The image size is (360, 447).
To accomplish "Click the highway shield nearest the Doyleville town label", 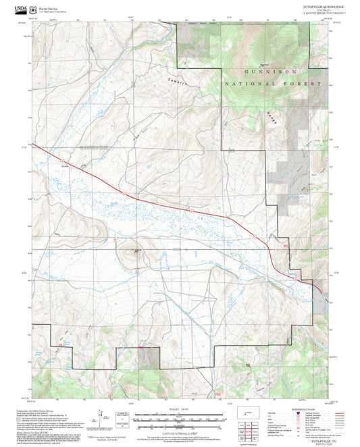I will pyautogui.click(x=124, y=194).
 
